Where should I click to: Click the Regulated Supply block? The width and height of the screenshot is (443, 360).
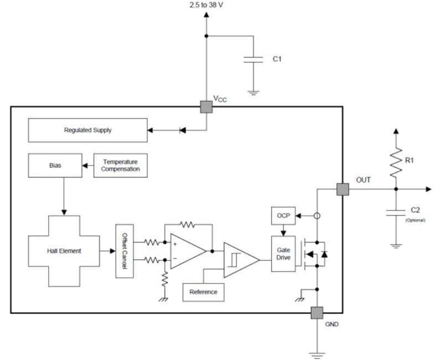tap(87, 130)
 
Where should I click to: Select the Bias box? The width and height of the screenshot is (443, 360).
tap(55, 165)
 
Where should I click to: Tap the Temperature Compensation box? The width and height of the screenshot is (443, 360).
tap(120, 165)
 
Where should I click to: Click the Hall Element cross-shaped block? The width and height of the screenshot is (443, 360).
tap(64, 251)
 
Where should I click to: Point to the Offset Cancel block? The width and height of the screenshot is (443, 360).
tap(124, 251)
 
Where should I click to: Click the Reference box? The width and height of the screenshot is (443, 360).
tap(203, 292)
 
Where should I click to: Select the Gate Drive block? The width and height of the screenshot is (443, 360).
tap(283, 254)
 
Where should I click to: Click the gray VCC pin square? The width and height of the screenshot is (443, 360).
tap(206, 106)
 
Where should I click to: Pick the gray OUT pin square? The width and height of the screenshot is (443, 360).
tap(343, 189)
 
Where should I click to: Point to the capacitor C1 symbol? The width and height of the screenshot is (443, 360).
tap(253, 59)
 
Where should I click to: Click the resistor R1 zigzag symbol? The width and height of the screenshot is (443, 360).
tap(396, 163)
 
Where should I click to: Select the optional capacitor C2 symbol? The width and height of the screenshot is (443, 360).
tap(396, 212)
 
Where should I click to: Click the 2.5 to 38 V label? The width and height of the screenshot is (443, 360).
tap(206, 5)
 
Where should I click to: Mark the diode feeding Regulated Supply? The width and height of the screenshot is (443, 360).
tap(182, 131)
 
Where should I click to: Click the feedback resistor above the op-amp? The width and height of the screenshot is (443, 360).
tap(188, 225)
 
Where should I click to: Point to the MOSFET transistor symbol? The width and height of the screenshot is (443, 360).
tap(310, 254)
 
